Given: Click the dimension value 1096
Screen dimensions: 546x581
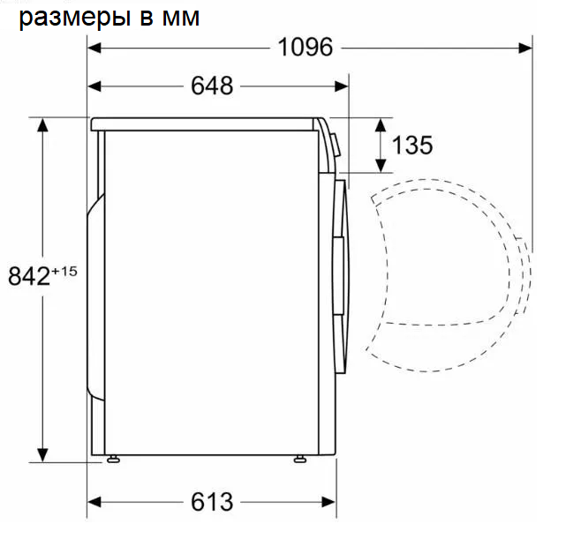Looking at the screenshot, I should pos(306,47).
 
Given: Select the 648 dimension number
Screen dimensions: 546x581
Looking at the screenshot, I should pos(212,86).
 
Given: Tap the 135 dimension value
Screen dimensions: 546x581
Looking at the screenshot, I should pos(412,146).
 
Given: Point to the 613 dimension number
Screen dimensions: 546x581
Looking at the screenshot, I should pos(212,502).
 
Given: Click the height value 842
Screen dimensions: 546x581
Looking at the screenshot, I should pos(27,276).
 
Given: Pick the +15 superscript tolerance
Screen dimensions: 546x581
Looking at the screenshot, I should pos(64,270).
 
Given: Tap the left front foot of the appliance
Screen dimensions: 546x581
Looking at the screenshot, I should pos(113,459).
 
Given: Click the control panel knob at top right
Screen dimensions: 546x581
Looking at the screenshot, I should pos(336,141).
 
